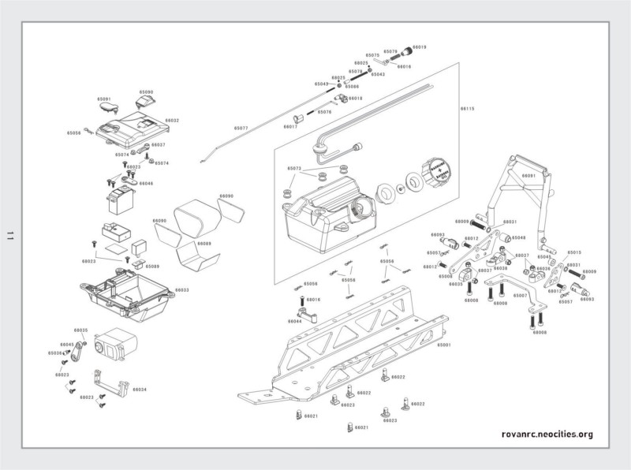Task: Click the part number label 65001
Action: pos(444,345)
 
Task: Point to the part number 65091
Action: pos(104,99)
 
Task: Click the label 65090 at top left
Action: pos(147,92)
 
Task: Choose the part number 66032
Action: pos(172,121)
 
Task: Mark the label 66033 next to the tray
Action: pos(181,290)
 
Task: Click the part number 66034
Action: pos(140,390)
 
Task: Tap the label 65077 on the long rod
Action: pos(241,128)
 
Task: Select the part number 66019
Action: pos(419,48)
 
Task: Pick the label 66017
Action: pos(290,126)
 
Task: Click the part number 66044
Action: pos(294,322)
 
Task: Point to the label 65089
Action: pos(153,267)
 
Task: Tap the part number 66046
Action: pos(147,184)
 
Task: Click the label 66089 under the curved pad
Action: pos(203,244)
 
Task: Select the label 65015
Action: pos(574,252)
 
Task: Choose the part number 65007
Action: pos(521,295)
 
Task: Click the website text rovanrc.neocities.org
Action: pos(547,435)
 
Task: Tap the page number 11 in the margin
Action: pos(10,235)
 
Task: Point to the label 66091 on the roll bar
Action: pos(528,176)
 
